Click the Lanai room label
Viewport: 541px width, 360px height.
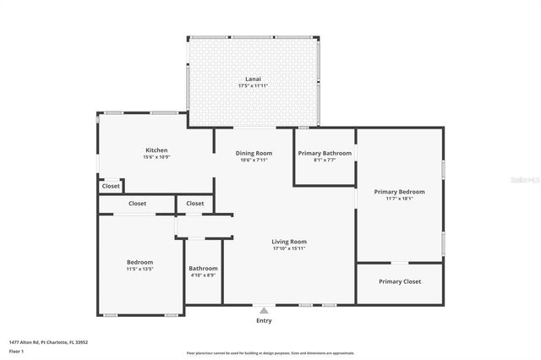[254, 79]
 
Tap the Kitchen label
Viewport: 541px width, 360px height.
[156, 150]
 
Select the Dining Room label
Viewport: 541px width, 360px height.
[254, 153]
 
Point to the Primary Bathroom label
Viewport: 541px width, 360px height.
[324, 153]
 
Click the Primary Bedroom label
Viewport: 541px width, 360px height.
[400, 192]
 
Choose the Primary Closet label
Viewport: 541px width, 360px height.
[400, 281]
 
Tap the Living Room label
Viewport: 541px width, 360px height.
[289, 242]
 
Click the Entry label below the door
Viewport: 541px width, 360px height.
[265, 321]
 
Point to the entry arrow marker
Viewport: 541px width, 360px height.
[265, 310]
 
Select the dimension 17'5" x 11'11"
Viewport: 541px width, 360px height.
[254, 86]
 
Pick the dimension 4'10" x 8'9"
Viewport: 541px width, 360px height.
[203, 275]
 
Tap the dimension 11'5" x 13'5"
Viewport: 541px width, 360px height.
[139, 270]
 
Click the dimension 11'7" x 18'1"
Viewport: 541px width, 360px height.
[400, 199]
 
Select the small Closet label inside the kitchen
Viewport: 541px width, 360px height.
[111, 186]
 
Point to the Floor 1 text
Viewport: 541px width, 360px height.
[17, 350]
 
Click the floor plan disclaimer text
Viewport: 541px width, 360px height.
[270, 353]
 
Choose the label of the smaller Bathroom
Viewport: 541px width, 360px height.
[203, 269]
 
